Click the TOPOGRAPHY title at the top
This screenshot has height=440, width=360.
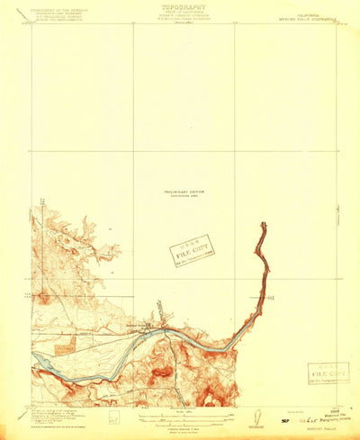180,4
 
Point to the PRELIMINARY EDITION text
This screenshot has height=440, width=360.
181,191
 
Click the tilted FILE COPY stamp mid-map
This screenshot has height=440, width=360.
192,250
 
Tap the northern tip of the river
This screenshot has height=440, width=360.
264,225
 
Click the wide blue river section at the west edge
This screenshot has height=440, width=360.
45,364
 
